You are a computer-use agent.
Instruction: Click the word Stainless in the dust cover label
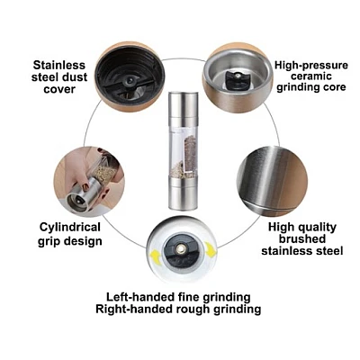[x=59, y=65]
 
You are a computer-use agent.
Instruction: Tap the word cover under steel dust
[x=59, y=89]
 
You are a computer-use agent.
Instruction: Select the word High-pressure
[x=311, y=66]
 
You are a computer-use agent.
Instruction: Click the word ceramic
[x=311, y=76]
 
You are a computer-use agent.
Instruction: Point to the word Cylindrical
[x=70, y=228]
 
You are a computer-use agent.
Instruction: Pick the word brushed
[x=302, y=238]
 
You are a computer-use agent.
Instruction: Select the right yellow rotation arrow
[x=211, y=250]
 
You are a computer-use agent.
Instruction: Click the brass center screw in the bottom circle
[x=181, y=248]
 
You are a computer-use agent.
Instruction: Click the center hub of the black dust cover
[x=130, y=80]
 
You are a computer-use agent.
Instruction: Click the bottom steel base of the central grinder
[x=182, y=193]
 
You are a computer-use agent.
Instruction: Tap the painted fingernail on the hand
[x=86, y=186]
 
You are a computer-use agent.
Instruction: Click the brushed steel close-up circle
[x=272, y=181]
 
